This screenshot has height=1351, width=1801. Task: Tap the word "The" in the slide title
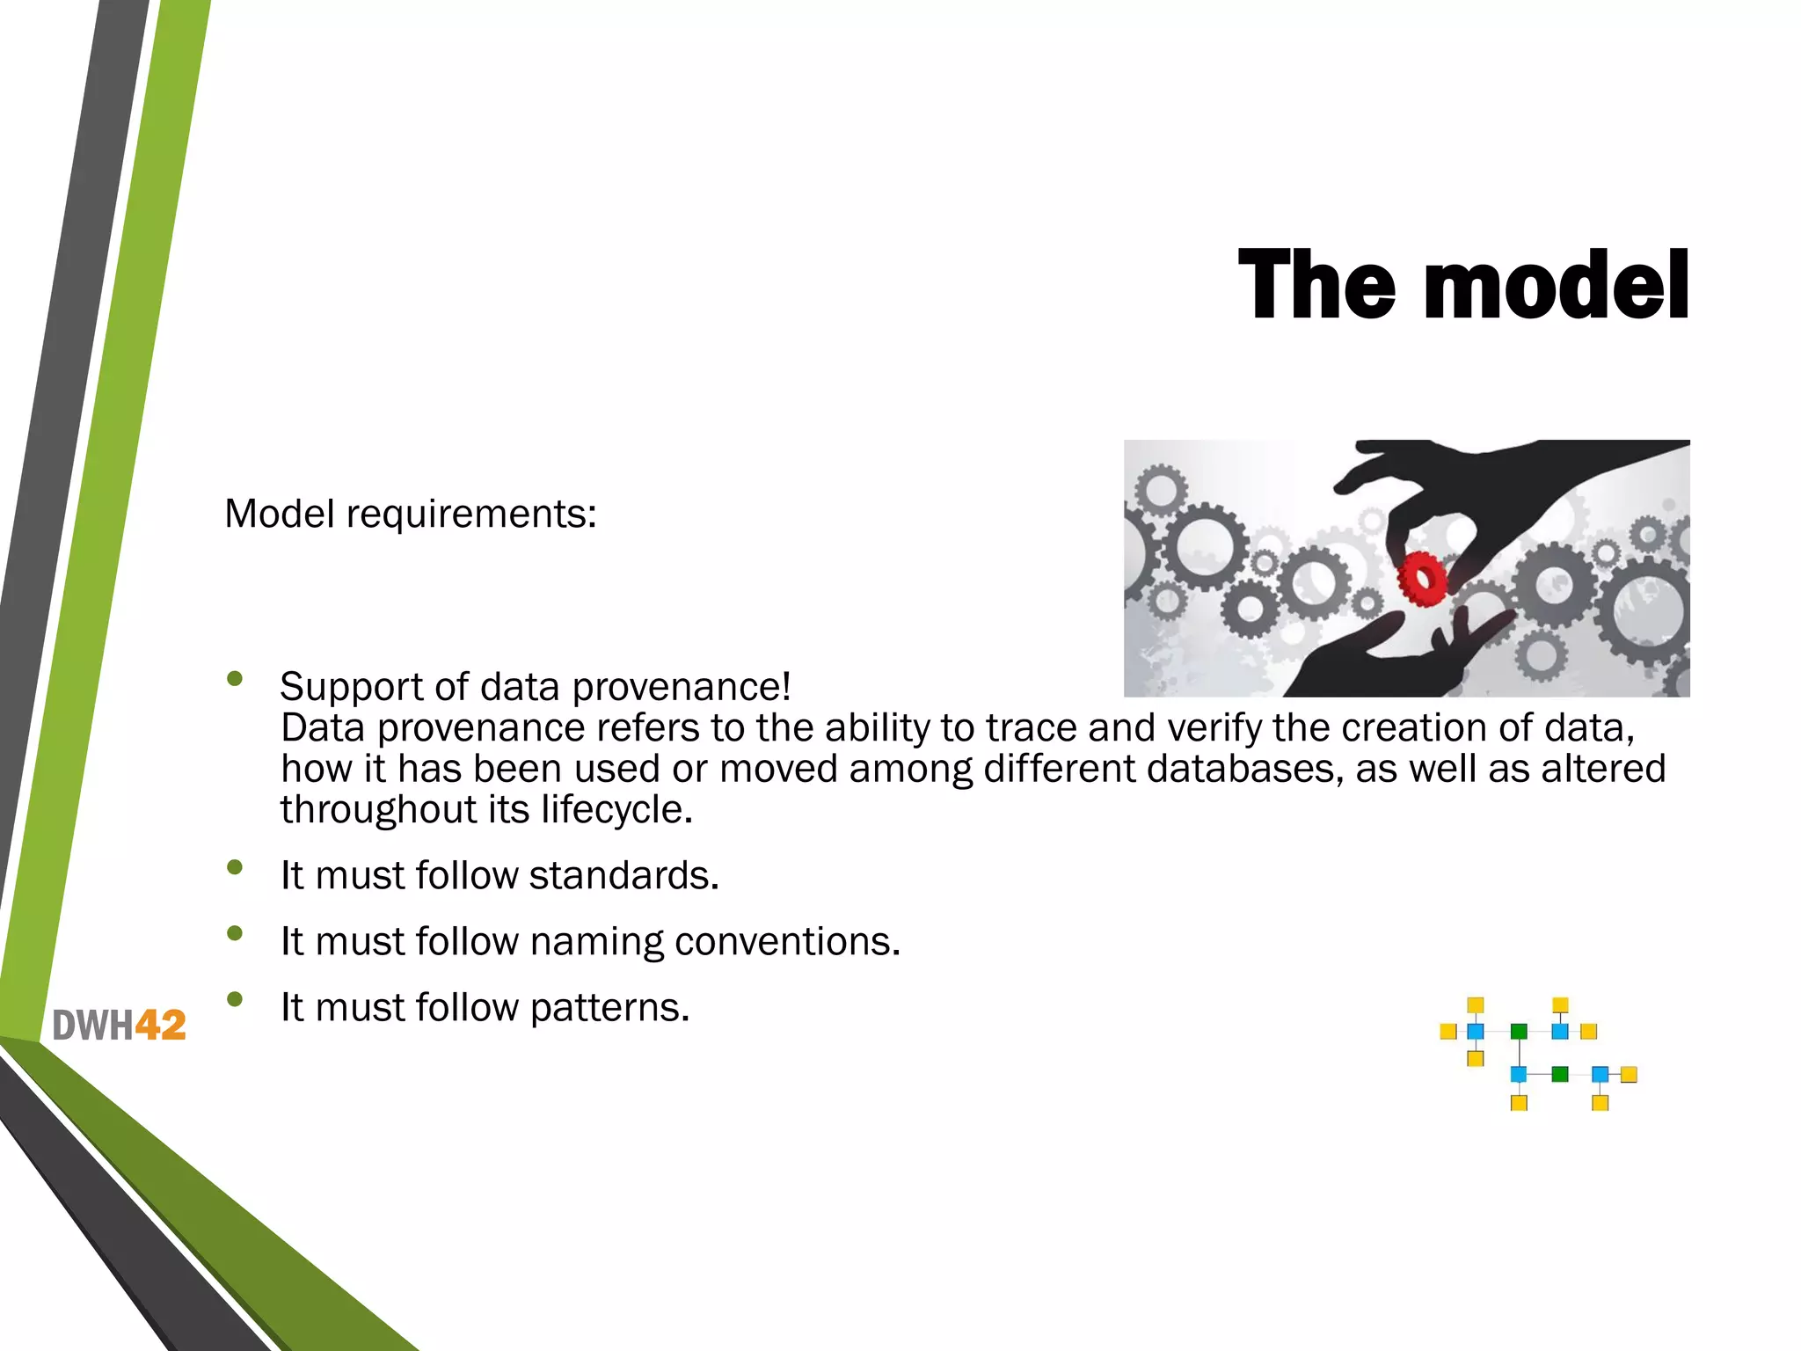coord(1316,286)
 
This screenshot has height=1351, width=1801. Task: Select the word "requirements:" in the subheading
coord(471,515)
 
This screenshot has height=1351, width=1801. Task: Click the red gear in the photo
coord(1421,579)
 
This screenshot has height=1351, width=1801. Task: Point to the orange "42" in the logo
coord(160,1026)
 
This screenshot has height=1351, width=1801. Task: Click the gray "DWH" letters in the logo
coord(92,1026)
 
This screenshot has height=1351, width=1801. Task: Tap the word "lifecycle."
coord(616,810)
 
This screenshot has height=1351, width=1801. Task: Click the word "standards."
coord(623,876)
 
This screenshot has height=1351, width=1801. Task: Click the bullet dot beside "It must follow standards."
coord(234,867)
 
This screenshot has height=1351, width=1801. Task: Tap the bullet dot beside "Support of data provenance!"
coord(234,678)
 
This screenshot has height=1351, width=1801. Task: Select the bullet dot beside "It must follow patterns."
coord(234,999)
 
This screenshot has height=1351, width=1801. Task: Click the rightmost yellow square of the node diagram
coord(1629,1074)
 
